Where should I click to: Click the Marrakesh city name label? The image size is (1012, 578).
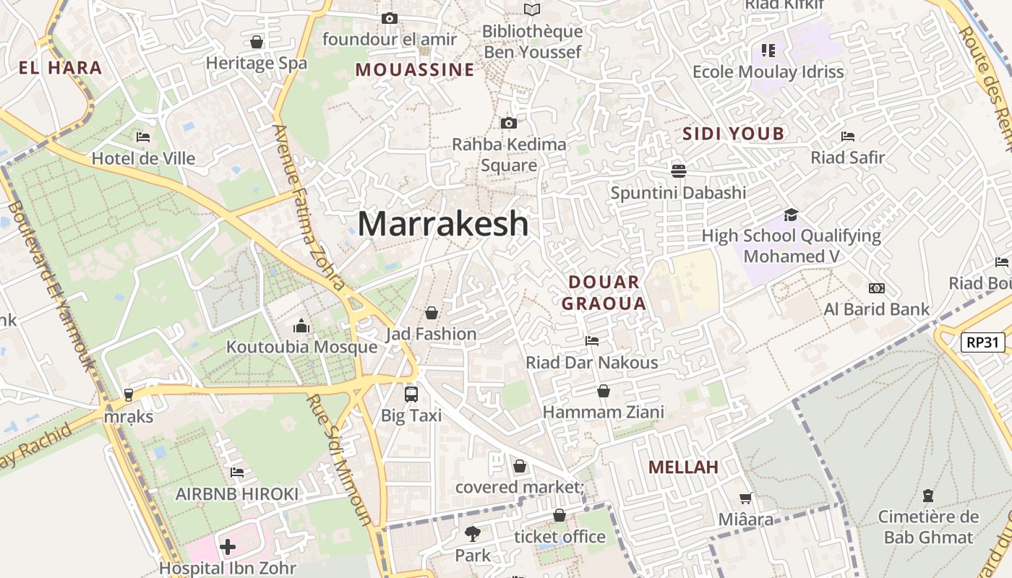click(443, 223)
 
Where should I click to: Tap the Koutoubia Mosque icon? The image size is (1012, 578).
click(301, 327)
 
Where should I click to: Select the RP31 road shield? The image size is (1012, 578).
click(983, 342)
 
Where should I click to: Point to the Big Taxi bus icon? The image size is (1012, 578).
click(411, 394)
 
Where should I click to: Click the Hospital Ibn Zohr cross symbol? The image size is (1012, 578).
click(228, 547)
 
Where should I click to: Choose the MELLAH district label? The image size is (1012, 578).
click(683, 467)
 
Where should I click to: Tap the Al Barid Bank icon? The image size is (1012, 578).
click(877, 288)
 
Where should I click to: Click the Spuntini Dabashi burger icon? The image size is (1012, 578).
click(678, 171)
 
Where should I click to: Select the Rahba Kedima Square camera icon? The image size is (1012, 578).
click(509, 124)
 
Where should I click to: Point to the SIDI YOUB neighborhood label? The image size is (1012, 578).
click(734, 134)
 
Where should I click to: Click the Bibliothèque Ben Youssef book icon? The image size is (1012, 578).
click(532, 9)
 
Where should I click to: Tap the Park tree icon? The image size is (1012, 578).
click(473, 534)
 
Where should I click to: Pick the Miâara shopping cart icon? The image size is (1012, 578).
click(745, 498)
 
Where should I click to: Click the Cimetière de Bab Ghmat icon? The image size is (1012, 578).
click(927, 496)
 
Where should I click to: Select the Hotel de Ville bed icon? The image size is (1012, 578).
click(143, 137)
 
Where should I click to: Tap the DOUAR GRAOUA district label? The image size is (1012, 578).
click(604, 293)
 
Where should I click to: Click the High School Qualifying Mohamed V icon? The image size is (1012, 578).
click(791, 215)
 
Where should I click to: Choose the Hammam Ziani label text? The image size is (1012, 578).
click(603, 413)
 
